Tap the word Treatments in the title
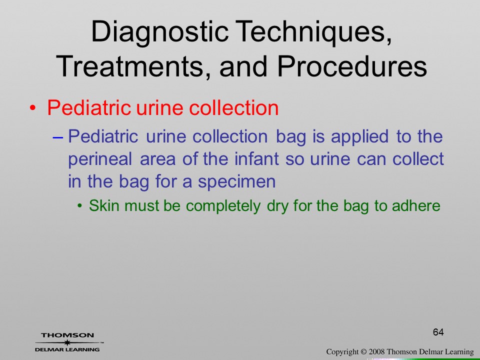129,66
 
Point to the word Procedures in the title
352,66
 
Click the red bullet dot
33,108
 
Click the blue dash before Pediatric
57,138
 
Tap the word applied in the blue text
359,137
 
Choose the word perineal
100,159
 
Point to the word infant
256,158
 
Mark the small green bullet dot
80,205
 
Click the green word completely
223,205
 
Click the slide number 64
438,332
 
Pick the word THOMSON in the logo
67,335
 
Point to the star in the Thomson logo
67,342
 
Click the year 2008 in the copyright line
376,351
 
